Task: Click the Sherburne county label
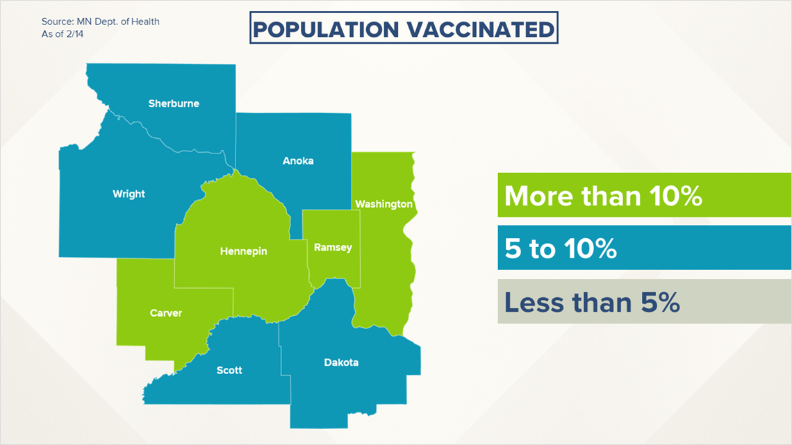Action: [x=174, y=103]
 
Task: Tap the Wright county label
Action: [x=129, y=194]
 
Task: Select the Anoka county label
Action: [x=298, y=161]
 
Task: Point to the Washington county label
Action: [x=384, y=204]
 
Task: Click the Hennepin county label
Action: [x=243, y=251]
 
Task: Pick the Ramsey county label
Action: [x=333, y=247]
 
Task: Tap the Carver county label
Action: [x=165, y=313]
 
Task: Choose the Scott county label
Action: [x=229, y=370]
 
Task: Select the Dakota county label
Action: [x=341, y=362]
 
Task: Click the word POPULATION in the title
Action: [x=326, y=29]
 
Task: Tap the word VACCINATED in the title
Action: [x=481, y=29]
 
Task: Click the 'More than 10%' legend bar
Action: [x=645, y=195]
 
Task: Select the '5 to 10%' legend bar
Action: [x=645, y=248]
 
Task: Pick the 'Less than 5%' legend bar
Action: [x=645, y=301]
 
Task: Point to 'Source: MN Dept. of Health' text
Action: [x=101, y=22]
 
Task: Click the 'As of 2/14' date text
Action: [x=63, y=34]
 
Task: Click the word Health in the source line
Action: [x=145, y=22]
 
